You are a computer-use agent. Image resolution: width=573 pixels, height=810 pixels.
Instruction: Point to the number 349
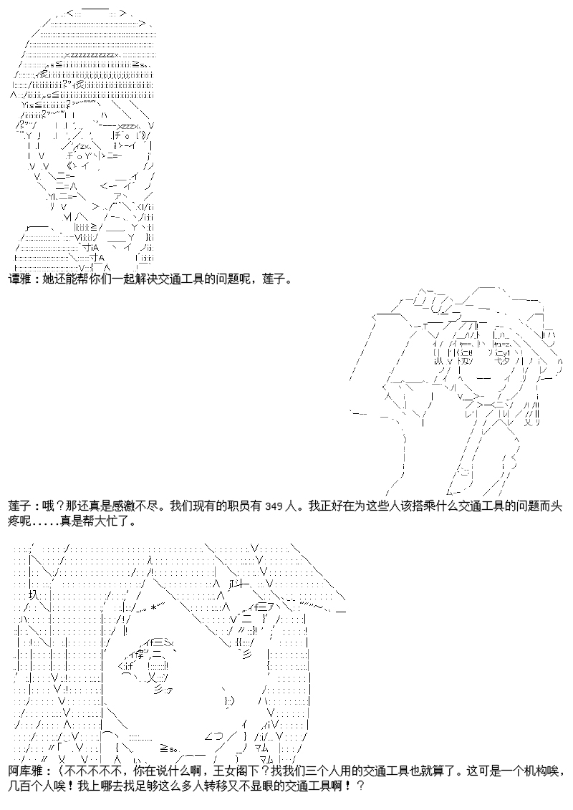[273, 507]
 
